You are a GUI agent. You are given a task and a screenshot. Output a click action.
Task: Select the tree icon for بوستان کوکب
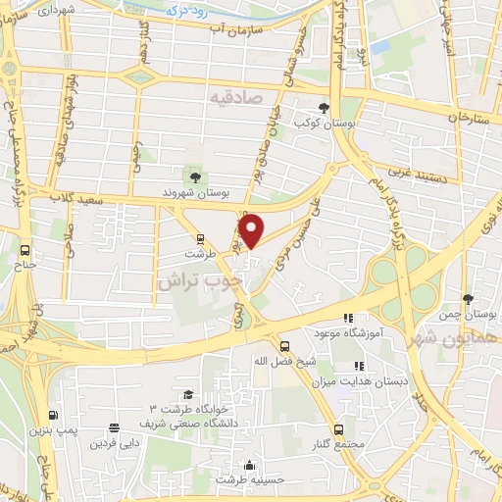(325, 108)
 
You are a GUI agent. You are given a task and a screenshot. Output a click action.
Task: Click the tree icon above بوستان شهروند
(195, 176)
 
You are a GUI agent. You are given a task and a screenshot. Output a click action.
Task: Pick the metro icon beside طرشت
(200, 237)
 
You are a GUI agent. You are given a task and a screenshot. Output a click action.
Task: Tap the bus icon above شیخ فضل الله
(284, 346)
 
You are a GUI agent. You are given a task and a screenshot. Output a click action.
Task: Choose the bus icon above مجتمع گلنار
(338, 429)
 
